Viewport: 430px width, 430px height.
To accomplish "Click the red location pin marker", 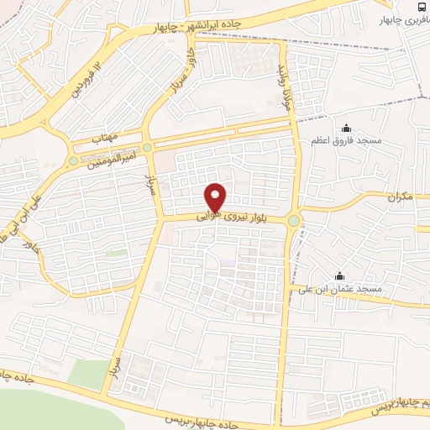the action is tap(216, 197).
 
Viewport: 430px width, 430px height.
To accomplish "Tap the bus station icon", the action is tap(420, 6).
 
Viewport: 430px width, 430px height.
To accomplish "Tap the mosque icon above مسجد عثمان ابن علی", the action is tap(339, 275).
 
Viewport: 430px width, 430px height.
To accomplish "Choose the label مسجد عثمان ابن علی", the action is tap(346, 289).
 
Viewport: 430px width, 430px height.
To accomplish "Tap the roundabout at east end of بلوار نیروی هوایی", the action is tap(293, 220).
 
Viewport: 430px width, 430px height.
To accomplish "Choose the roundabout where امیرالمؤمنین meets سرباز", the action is tap(148, 148).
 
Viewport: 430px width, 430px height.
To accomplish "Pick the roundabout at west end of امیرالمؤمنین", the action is tap(73, 160).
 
